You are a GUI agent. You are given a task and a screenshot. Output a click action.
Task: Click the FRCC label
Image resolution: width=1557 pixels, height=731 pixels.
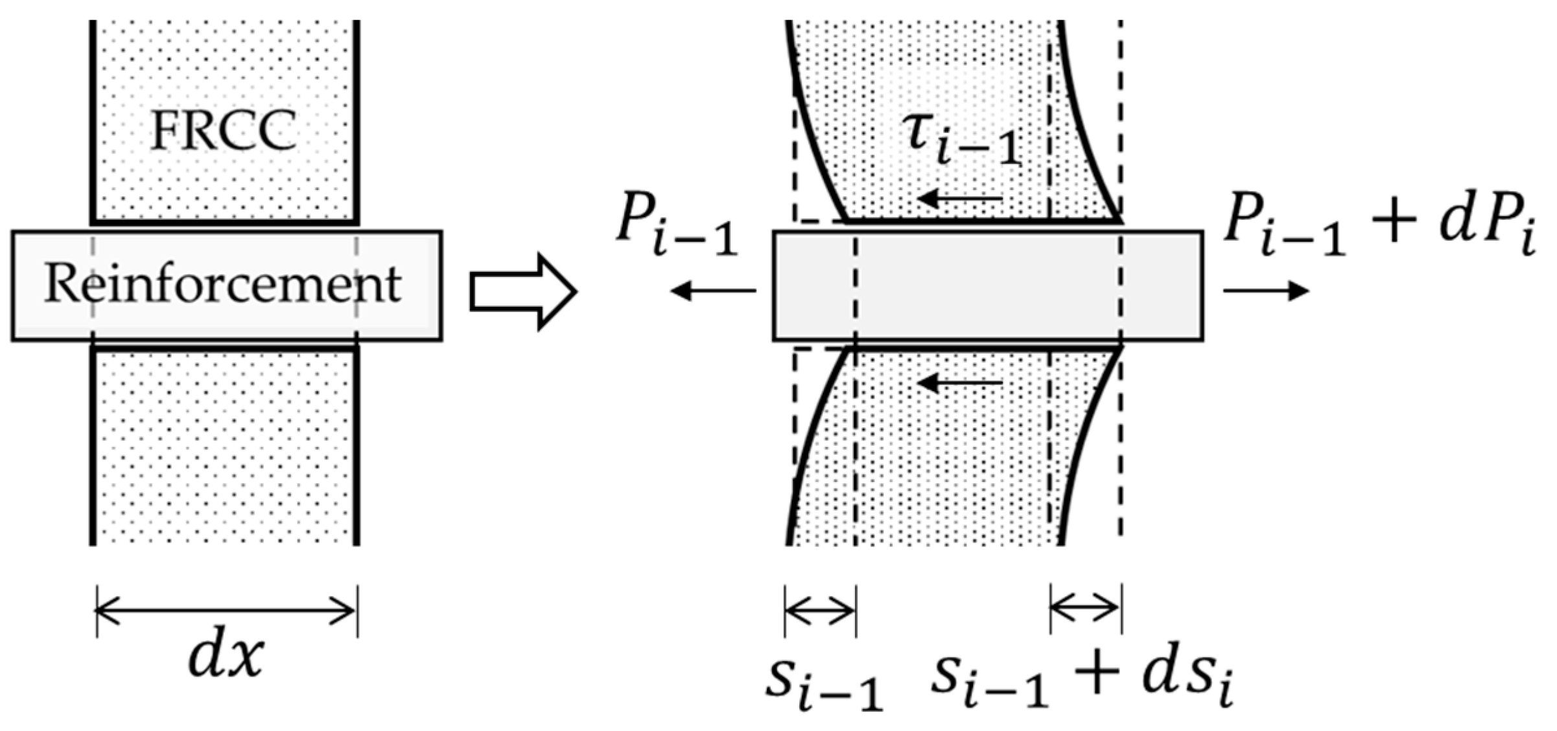pyautogui.click(x=224, y=130)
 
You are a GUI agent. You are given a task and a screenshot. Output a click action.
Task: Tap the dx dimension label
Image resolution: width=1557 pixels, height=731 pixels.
pyautogui.click(x=226, y=656)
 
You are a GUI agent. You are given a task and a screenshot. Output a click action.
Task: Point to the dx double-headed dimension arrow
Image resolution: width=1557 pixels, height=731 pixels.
pyautogui.click(x=226, y=610)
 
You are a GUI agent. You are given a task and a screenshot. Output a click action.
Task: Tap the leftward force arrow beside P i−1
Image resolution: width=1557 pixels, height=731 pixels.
pyautogui.click(x=712, y=291)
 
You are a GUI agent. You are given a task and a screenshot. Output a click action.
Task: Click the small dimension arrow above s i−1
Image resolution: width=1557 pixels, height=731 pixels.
pyautogui.click(x=820, y=610)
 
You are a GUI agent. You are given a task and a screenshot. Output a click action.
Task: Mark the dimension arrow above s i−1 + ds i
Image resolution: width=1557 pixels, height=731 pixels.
pyautogui.click(x=1086, y=608)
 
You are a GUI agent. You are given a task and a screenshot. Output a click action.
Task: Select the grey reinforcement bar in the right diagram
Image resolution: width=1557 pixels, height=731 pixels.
pyautogui.click(x=987, y=285)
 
